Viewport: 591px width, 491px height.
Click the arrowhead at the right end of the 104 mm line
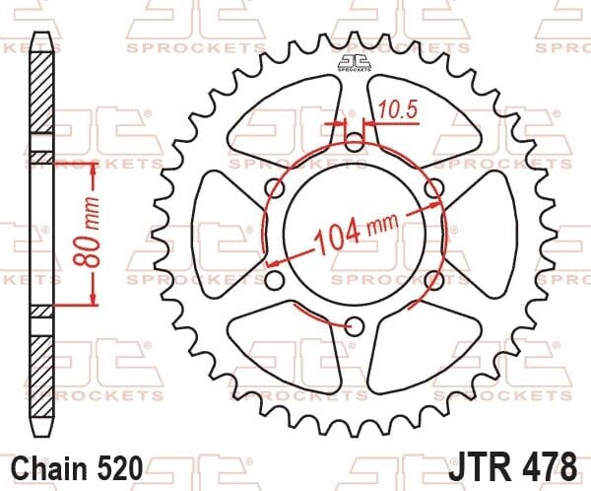(x=437, y=209)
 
